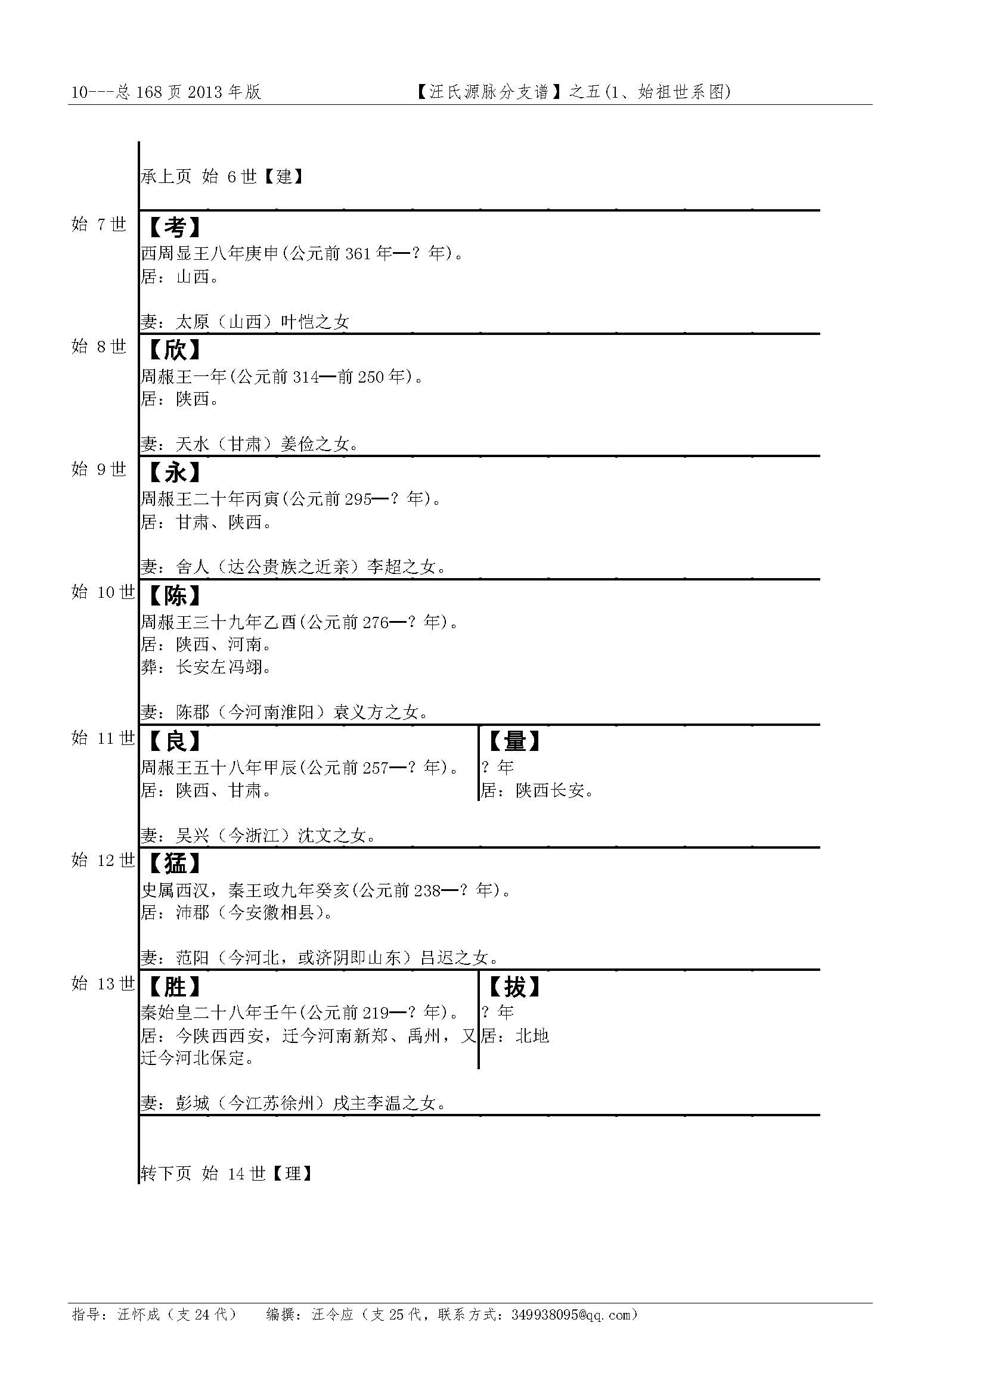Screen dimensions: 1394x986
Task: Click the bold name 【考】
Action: coord(175,228)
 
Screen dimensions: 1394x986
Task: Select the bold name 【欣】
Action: coord(175,350)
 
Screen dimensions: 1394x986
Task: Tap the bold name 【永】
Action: coord(175,473)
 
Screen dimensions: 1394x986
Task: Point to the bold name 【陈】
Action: coord(175,595)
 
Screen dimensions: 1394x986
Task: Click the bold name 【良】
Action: coord(175,741)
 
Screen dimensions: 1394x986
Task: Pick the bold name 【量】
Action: coord(514,741)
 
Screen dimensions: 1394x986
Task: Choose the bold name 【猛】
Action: coord(175,864)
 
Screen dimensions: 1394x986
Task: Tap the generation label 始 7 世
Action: coord(99,225)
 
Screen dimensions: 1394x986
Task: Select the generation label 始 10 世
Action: coord(103,592)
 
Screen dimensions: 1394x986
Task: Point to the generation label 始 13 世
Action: coord(103,983)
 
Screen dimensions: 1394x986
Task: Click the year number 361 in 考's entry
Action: coord(358,254)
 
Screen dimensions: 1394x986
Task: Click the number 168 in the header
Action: coord(149,92)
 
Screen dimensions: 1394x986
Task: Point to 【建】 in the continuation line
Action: coord(284,176)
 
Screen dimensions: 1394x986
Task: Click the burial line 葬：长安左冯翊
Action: coord(206,667)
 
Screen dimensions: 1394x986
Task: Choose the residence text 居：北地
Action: coord(516,1036)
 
